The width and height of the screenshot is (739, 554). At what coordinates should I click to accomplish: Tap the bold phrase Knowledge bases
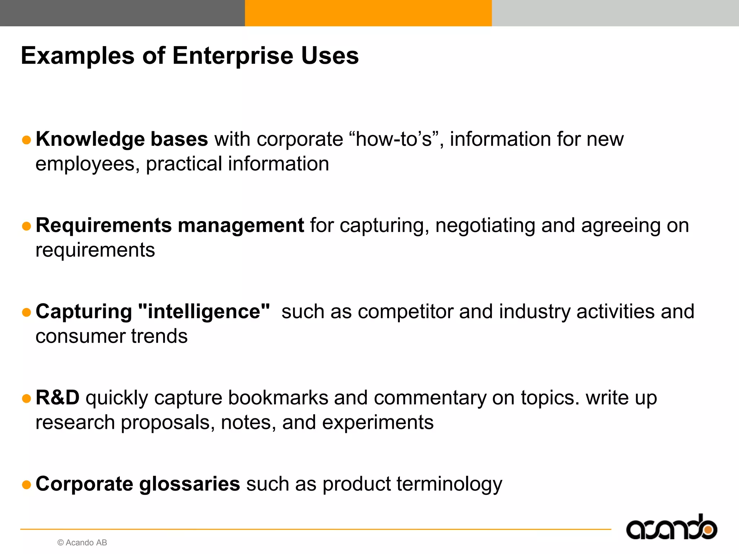122,139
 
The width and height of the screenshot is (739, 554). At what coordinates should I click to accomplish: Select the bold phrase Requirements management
170,225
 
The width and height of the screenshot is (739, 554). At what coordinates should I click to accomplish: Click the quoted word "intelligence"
204,312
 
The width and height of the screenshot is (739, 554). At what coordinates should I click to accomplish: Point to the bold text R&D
57,398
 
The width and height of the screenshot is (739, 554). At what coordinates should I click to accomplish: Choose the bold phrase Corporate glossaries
137,484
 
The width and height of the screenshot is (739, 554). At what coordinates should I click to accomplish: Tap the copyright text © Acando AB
82,543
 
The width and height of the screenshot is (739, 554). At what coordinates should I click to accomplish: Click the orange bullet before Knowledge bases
26,140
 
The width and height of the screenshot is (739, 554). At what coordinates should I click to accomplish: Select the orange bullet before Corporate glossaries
26,485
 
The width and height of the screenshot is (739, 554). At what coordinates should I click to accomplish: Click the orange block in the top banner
368,13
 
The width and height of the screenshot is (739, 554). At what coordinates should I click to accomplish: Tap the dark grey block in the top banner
122,13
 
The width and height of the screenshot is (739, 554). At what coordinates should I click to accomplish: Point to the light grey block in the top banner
615,13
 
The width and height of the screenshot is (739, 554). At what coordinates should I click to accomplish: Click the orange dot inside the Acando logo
708,530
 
